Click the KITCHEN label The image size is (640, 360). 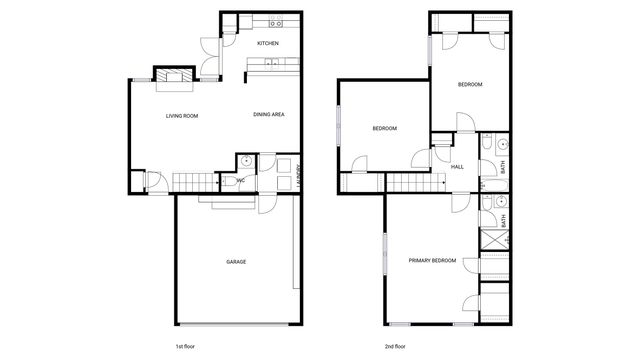click(x=267, y=44)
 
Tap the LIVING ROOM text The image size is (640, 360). click(x=182, y=117)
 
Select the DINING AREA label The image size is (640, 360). click(x=269, y=115)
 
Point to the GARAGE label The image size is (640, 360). click(x=235, y=262)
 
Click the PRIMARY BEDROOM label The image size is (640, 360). click(x=432, y=260)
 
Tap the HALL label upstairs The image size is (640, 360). click(x=457, y=167)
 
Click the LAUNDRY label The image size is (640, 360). click(x=299, y=176)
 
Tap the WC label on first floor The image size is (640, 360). click(x=241, y=181)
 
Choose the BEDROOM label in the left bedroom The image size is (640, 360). click(x=385, y=129)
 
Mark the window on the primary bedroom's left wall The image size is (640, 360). click(x=384, y=256)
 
